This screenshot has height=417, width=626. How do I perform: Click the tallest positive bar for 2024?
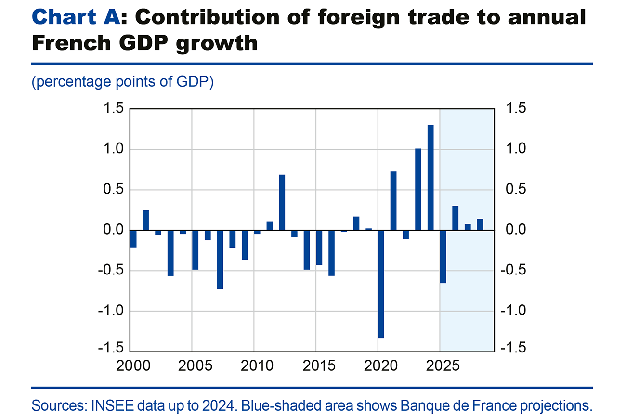(430, 178)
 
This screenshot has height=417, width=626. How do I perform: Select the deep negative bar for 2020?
(381, 284)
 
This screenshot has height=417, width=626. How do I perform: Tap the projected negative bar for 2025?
(443, 257)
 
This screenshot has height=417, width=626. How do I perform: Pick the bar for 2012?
(282, 203)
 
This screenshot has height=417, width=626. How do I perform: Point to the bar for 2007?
(220, 260)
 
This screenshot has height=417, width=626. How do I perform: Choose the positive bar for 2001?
(145, 221)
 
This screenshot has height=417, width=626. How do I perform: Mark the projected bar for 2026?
(455, 218)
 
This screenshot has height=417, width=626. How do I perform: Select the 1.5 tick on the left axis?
(112, 109)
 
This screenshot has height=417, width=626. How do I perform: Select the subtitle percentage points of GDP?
(122, 82)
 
